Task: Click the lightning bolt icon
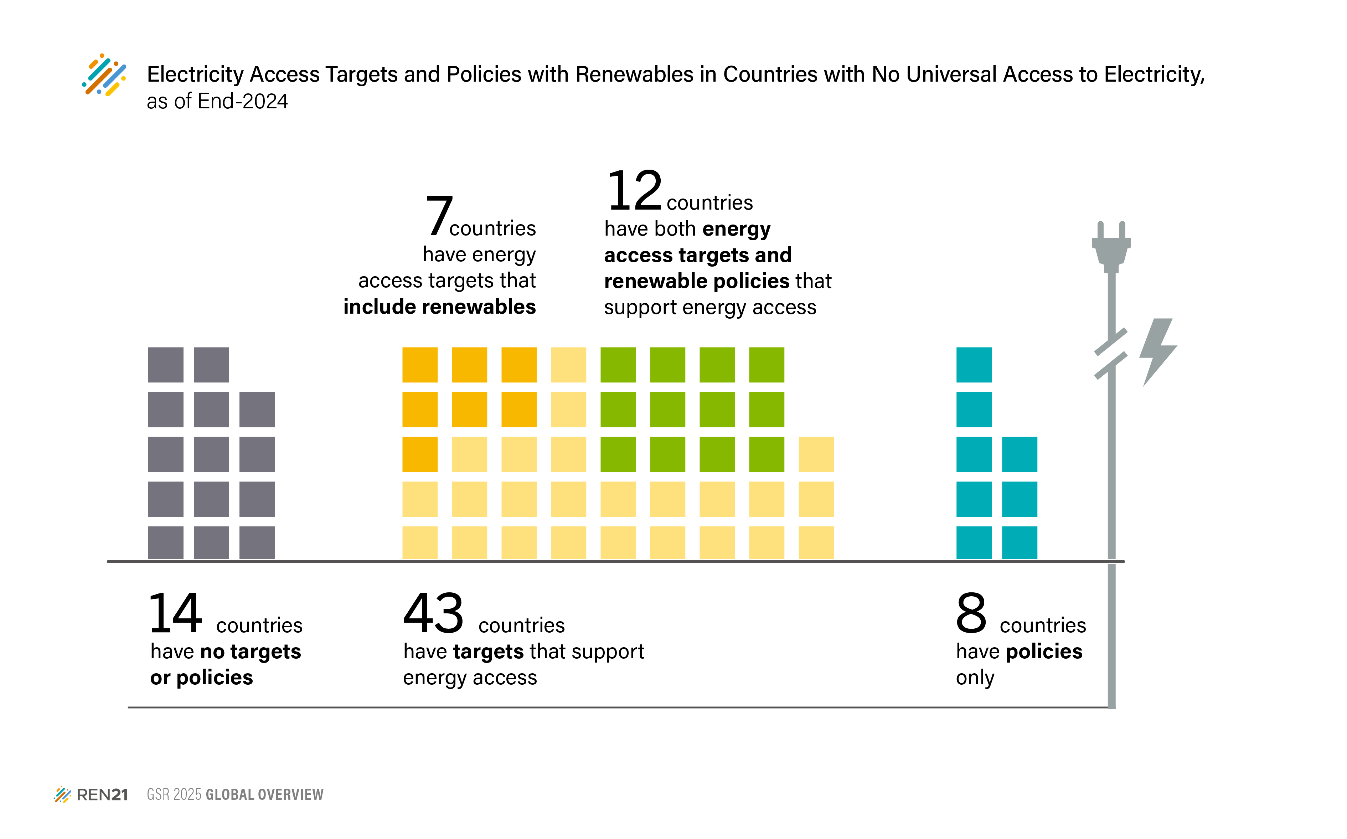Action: [1157, 351]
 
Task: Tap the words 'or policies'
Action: [201, 678]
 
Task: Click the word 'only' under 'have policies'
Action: [975, 678]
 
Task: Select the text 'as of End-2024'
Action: [217, 102]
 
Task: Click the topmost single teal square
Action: [974, 365]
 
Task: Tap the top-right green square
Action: [766, 365]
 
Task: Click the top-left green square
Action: [618, 365]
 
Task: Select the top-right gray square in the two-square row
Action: [211, 365]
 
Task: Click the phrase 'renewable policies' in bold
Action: [696, 281]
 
